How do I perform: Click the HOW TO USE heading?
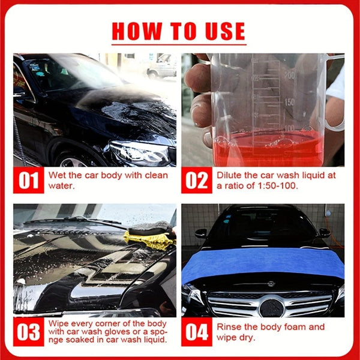179,31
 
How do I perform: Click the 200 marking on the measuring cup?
290,76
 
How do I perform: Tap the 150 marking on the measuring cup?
290,102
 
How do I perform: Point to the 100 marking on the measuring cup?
290,128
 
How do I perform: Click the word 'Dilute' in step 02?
230,176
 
